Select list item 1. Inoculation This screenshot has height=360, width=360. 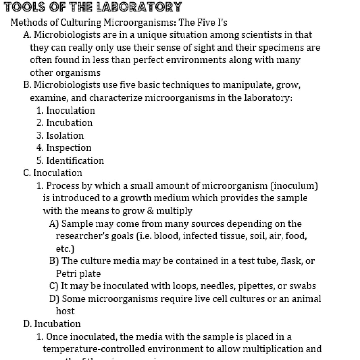tap(65, 111)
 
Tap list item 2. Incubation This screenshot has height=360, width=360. tap(64, 123)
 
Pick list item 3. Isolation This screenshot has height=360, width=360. tap(60, 135)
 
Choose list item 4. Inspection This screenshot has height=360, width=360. tap(64, 148)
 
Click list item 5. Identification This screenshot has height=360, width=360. tap(70, 160)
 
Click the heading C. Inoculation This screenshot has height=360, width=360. tap(52, 173)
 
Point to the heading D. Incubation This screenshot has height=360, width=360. tap(52, 324)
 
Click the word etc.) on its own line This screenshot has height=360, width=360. tap(65, 249)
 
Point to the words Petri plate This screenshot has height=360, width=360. tap(78, 273)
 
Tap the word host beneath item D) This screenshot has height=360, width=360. tap(65, 311)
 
